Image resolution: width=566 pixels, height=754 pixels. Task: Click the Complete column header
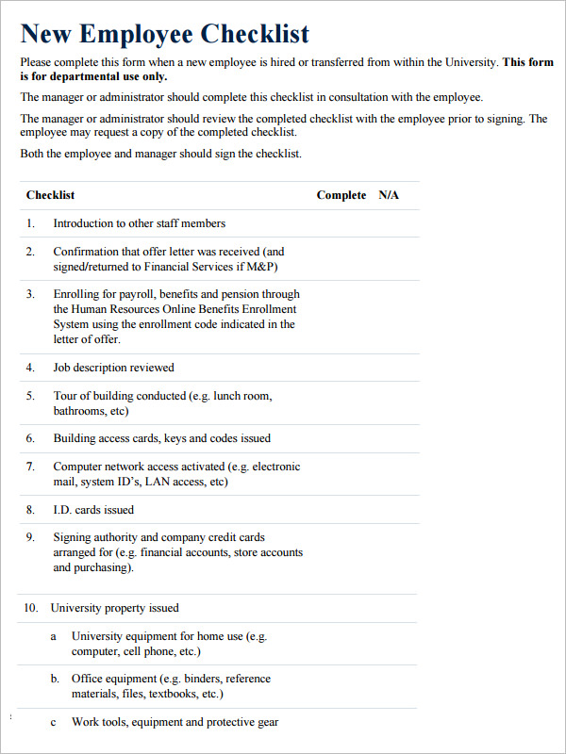[341, 195]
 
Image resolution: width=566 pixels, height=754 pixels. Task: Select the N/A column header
[389, 195]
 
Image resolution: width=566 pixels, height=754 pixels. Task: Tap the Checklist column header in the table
[50, 195]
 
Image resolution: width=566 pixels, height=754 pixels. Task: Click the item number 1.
[30, 223]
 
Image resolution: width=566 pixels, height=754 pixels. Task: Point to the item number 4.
[30, 368]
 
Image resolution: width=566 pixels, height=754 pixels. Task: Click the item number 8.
[30, 510]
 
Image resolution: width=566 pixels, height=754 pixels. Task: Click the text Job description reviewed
[113, 368]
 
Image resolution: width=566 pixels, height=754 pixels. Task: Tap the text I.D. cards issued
[93, 510]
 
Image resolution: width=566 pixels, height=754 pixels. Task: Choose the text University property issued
[114, 608]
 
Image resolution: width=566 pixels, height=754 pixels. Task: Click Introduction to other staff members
[139, 223]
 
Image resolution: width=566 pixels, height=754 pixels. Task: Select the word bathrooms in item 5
[78, 411]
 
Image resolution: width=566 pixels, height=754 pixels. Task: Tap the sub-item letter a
[54, 636]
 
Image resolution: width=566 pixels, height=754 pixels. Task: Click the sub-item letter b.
[54, 679]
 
